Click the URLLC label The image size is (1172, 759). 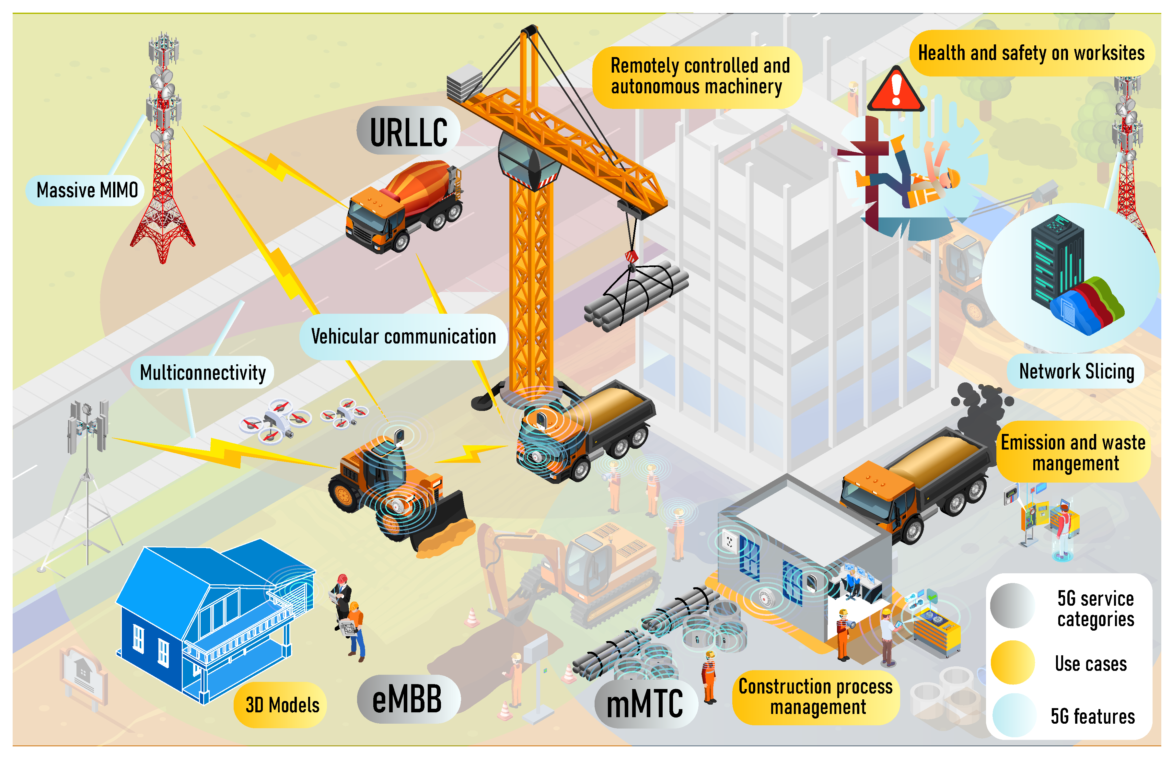pos(408,132)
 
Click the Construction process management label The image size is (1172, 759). pos(816,696)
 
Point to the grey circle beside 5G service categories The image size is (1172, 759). pos(1012,605)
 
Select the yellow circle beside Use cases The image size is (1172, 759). pos(1012,662)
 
